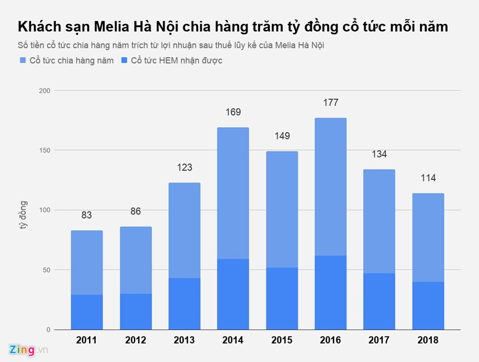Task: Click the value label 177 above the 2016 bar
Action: pos(330,103)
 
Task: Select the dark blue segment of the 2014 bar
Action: pos(233,294)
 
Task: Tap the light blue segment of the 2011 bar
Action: pos(87,262)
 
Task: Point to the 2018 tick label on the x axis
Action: pos(428,340)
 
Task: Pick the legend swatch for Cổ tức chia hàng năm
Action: pos(22,60)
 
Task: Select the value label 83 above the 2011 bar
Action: pos(86,215)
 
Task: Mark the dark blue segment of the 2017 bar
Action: pos(379,301)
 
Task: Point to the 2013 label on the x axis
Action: pos(184,340)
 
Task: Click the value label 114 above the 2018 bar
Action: pos(428,178)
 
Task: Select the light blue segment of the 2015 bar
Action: pos(281,209)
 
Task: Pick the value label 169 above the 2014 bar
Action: pos(233,112)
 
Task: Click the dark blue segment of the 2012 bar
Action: pos(135,311)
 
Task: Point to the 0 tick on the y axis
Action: pos(48,330)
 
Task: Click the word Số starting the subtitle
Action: pos(23,45)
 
